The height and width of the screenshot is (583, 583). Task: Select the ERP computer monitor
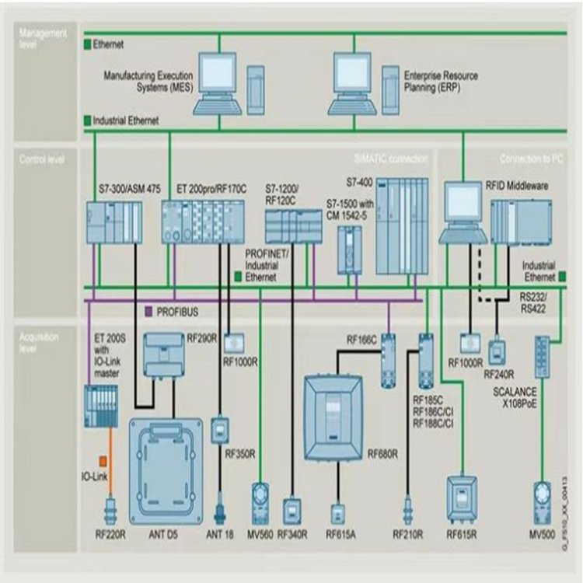353,72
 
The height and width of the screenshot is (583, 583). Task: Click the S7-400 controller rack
401,225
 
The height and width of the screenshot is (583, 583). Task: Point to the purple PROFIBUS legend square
149,312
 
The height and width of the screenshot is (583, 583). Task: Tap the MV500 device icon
542,501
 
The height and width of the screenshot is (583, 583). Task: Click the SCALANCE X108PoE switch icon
542,357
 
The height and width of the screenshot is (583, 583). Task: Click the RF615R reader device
461,497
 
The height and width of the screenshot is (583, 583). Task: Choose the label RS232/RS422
535,302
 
